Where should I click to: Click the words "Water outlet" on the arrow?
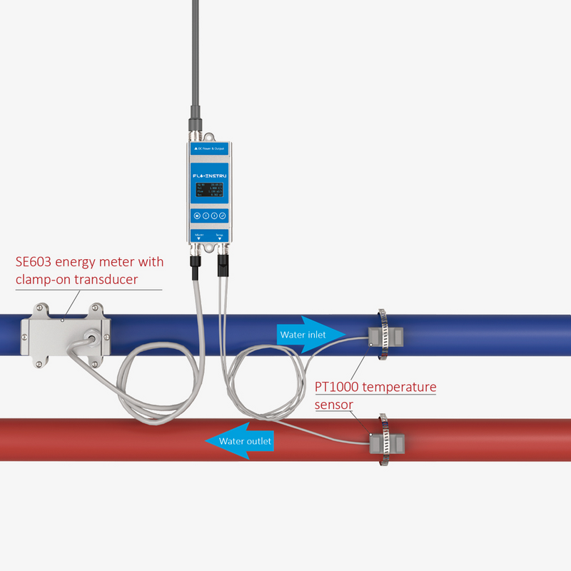point(246,441)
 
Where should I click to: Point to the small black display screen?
point(210,193)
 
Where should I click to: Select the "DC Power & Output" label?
point(210,148)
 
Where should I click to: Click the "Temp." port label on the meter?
point(220,235)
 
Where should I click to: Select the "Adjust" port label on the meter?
point(199,235)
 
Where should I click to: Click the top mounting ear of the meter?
point(210,136)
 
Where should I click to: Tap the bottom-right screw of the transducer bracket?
point(94,364)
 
